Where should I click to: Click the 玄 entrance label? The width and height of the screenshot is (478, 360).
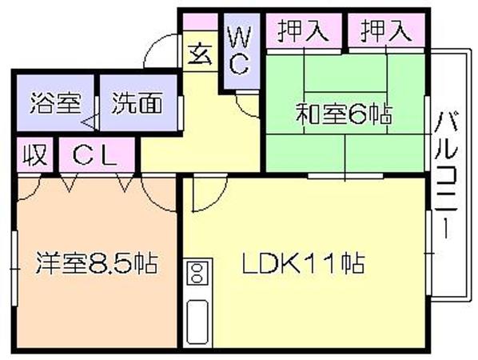click(200, 55)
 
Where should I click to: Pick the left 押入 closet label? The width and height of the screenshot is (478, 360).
click(303, 31)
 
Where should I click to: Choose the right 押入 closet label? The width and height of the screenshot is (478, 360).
click(386, 31)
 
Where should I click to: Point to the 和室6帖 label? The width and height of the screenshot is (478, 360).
click(344, 114)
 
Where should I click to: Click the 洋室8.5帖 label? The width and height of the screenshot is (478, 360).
click(97, 262)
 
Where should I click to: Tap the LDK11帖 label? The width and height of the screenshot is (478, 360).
click(303, 262)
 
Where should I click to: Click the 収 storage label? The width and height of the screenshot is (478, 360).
click(35, 155)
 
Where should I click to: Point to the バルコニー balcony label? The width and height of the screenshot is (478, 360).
click(446, 175)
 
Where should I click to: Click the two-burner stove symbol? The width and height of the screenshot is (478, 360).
click(197, 273)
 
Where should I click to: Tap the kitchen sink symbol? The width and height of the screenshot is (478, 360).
click(197, 322)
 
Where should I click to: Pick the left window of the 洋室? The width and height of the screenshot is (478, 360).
click(14, 269)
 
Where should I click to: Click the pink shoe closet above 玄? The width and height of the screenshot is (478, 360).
click(200, 22)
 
